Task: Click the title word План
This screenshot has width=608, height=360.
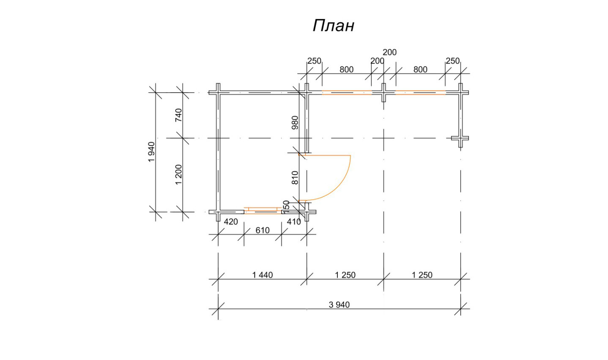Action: pyautogui.click(x=333, y=26)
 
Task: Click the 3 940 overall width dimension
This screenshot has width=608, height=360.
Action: pyautogui.click(x=339, y=305)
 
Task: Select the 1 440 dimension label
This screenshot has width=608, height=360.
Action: pyautogui.click(x=263, y=275)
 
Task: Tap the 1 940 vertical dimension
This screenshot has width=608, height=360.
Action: pyautogui.click(x=151, y=152)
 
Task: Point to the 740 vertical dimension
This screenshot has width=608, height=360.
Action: pyautogui.click(x=178, y=115)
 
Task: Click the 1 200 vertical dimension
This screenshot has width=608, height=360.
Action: pyautogui.click(x=178, y=175)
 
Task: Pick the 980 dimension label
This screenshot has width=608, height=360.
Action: pyautogui.click(x=295, y=123)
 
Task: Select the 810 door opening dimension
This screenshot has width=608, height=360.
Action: pyautogui.click(x=295, y=178)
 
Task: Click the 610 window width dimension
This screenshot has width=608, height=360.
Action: pyautogui.click(x=263, y=230)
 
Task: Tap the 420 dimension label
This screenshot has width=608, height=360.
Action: pyautogui.click(x=231, y=222)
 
